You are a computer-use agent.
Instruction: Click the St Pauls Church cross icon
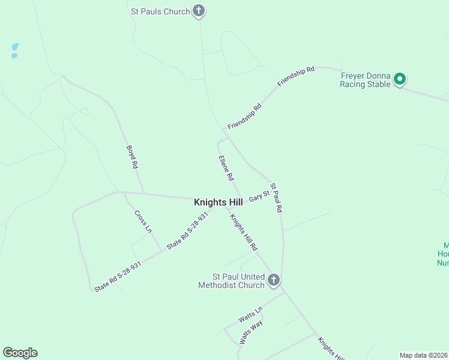tap(199, 11)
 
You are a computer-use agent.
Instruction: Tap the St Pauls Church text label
tap(160, 11)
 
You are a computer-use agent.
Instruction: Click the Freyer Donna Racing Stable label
tap(366, 80)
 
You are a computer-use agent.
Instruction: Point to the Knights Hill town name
tap(218, 203)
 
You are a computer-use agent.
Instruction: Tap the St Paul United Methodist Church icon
tap(274, 280)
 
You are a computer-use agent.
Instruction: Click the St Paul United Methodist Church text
tap(231, 281)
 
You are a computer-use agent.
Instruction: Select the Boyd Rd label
tap(132, 157)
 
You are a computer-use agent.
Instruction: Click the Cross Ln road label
tap(143, 221)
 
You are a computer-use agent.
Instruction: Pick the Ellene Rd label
tap(226, 169)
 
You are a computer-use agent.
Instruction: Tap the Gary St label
tap(259, 196)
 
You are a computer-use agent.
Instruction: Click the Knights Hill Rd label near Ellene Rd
tap(244, 233)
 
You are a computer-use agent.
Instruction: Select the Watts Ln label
tap(250, 313)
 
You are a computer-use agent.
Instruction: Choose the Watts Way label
tap(251, 331)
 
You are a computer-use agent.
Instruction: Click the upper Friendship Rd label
tap(296, 78)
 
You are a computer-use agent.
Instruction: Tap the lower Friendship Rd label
tap(245, 116)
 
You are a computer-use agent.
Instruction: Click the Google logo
tap(20, 353)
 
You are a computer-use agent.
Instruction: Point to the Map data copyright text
tap(424, 355)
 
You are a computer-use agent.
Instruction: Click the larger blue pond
tap(15, 47)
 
